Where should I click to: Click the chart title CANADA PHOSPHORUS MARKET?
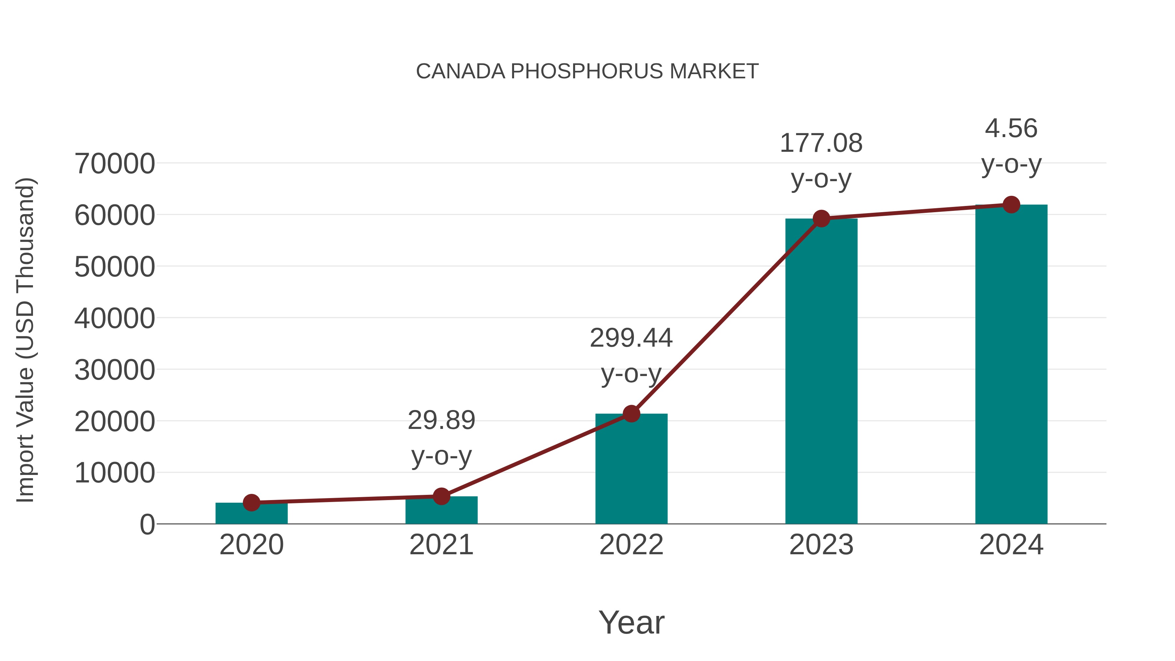[587, 71]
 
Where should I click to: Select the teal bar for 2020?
[251, 514]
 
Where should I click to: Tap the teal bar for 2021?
[441, 511]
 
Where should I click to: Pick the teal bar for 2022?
[631, 470]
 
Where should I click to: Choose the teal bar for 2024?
[1011, 365]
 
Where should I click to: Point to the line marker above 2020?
[251, 503]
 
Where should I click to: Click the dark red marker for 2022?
[631, 414]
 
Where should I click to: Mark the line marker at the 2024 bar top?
[1011, 205]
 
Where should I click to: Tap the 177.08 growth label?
[821, 143]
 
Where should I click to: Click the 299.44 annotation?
[631, 338]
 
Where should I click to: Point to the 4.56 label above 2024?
[1011, 128]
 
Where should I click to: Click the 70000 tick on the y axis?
[115, 164]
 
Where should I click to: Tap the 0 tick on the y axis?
[147, 525]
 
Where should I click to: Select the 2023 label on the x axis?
[821, 545]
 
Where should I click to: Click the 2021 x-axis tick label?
[441, 545]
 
